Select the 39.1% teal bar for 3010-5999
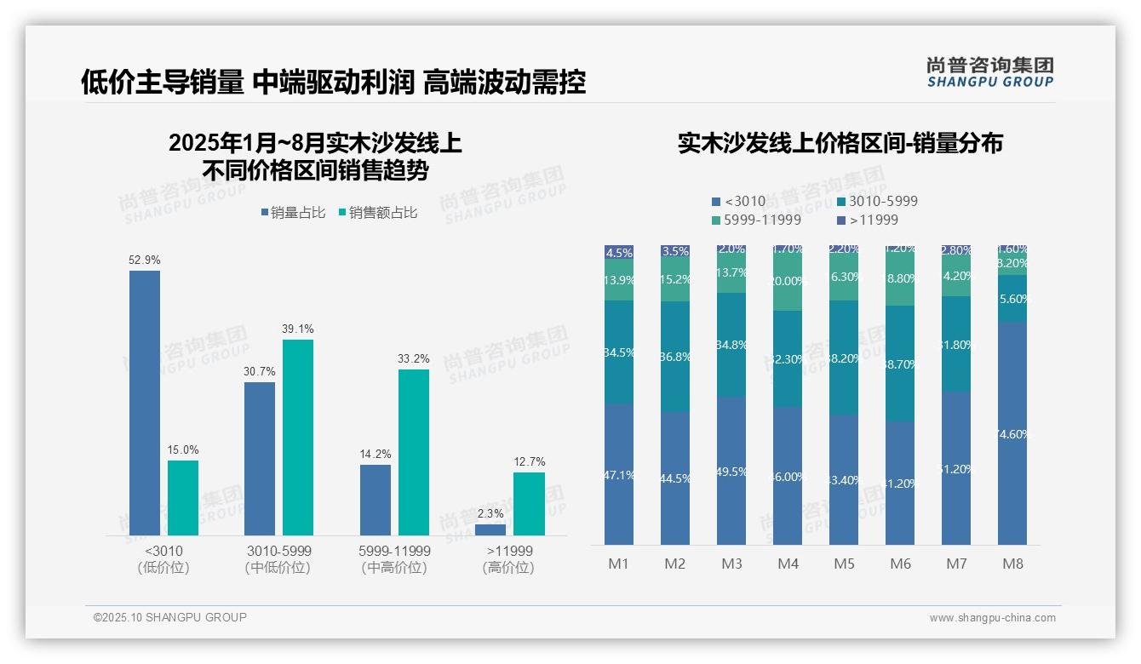pyautogui.click(x=298, y=438)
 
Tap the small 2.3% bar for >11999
pyautogui.click(x=490, y=529)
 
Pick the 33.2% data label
pyautogui.click(x=413, y=359)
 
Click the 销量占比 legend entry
pyautogui.click(x=292, y=213)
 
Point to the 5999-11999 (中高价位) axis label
pyautogui.click(x=395, y=559)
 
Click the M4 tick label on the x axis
pyautogui.click(x=788, y=564)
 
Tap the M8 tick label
pyautogui.click(x=1012, y=564)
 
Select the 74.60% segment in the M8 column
pyautogui.click(x=1012, y=433)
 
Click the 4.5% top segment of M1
pyautogui.click(x=619, y=252)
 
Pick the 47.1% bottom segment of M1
pyautogui.click(x=619, y=474)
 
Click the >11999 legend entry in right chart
pyautogui.click(x=869, y=220)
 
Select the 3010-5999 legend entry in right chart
pyautogui.click(x=877, y=202)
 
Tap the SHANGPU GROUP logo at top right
pyautogui.click(x=989, y=72)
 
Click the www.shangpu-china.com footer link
pyautogui.click(x=992, y=618)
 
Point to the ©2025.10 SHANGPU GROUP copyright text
pyautogui.click(x=170, y=617)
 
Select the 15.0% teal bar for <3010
pyautogui.click(x=183, y=498)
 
